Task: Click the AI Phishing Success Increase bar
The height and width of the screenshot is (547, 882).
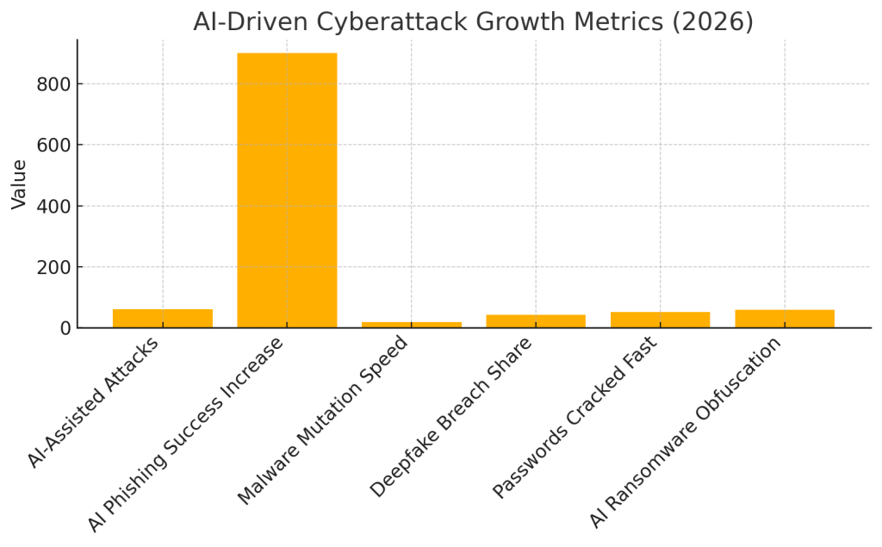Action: click(x=287, y=190)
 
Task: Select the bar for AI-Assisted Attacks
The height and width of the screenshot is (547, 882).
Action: click(x=162, y=318)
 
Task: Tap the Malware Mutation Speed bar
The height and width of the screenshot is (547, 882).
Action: click(x=411, y=324)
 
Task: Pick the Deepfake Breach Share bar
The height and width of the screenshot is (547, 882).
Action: click(x=536, y=320)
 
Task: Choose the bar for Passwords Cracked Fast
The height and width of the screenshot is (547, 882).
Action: click(x=660, y=319)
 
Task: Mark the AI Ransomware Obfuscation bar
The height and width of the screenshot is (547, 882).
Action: click(x=785, y=318)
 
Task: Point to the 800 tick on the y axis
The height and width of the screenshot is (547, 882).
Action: click(x=53, y=84)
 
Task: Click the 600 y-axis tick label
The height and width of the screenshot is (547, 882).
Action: click(x=53, y=146)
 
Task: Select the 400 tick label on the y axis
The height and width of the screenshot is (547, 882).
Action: click(x=53, y=207)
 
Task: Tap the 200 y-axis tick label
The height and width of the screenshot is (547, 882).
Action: click(x=53, y=268)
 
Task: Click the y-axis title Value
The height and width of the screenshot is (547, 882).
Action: click(x=19, y=183)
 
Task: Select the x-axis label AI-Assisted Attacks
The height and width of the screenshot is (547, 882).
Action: click(x=95, y=401)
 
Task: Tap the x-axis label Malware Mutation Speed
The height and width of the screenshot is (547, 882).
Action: click(x=323, y=420)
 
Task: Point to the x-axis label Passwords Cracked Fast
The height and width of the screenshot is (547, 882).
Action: click(x=575, y=417)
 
